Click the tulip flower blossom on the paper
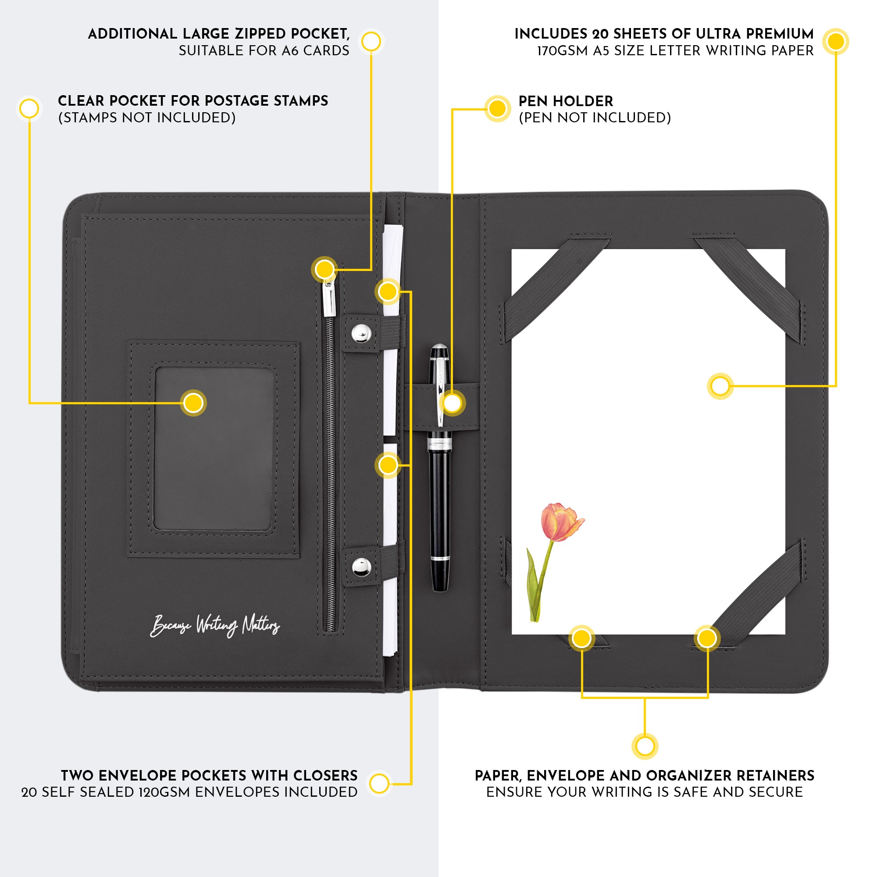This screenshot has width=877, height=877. [562, 522]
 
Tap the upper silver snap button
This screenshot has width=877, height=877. [362, 333]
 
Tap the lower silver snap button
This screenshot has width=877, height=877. [362, 567]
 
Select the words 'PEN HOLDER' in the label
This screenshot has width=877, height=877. [566, 101]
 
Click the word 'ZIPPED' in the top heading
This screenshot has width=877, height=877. [260, 34]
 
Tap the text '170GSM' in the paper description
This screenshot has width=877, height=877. [563, 51]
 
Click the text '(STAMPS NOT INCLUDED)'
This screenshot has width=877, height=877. [147, 118]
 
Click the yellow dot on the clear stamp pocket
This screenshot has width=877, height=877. [193, 403]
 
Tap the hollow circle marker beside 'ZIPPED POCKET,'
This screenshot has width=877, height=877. [371, 42]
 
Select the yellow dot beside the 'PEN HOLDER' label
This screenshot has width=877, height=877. [498, 109]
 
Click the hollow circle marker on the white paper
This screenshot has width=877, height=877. [720, 386]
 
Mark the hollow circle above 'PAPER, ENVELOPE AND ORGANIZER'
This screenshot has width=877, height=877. [645, 746]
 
